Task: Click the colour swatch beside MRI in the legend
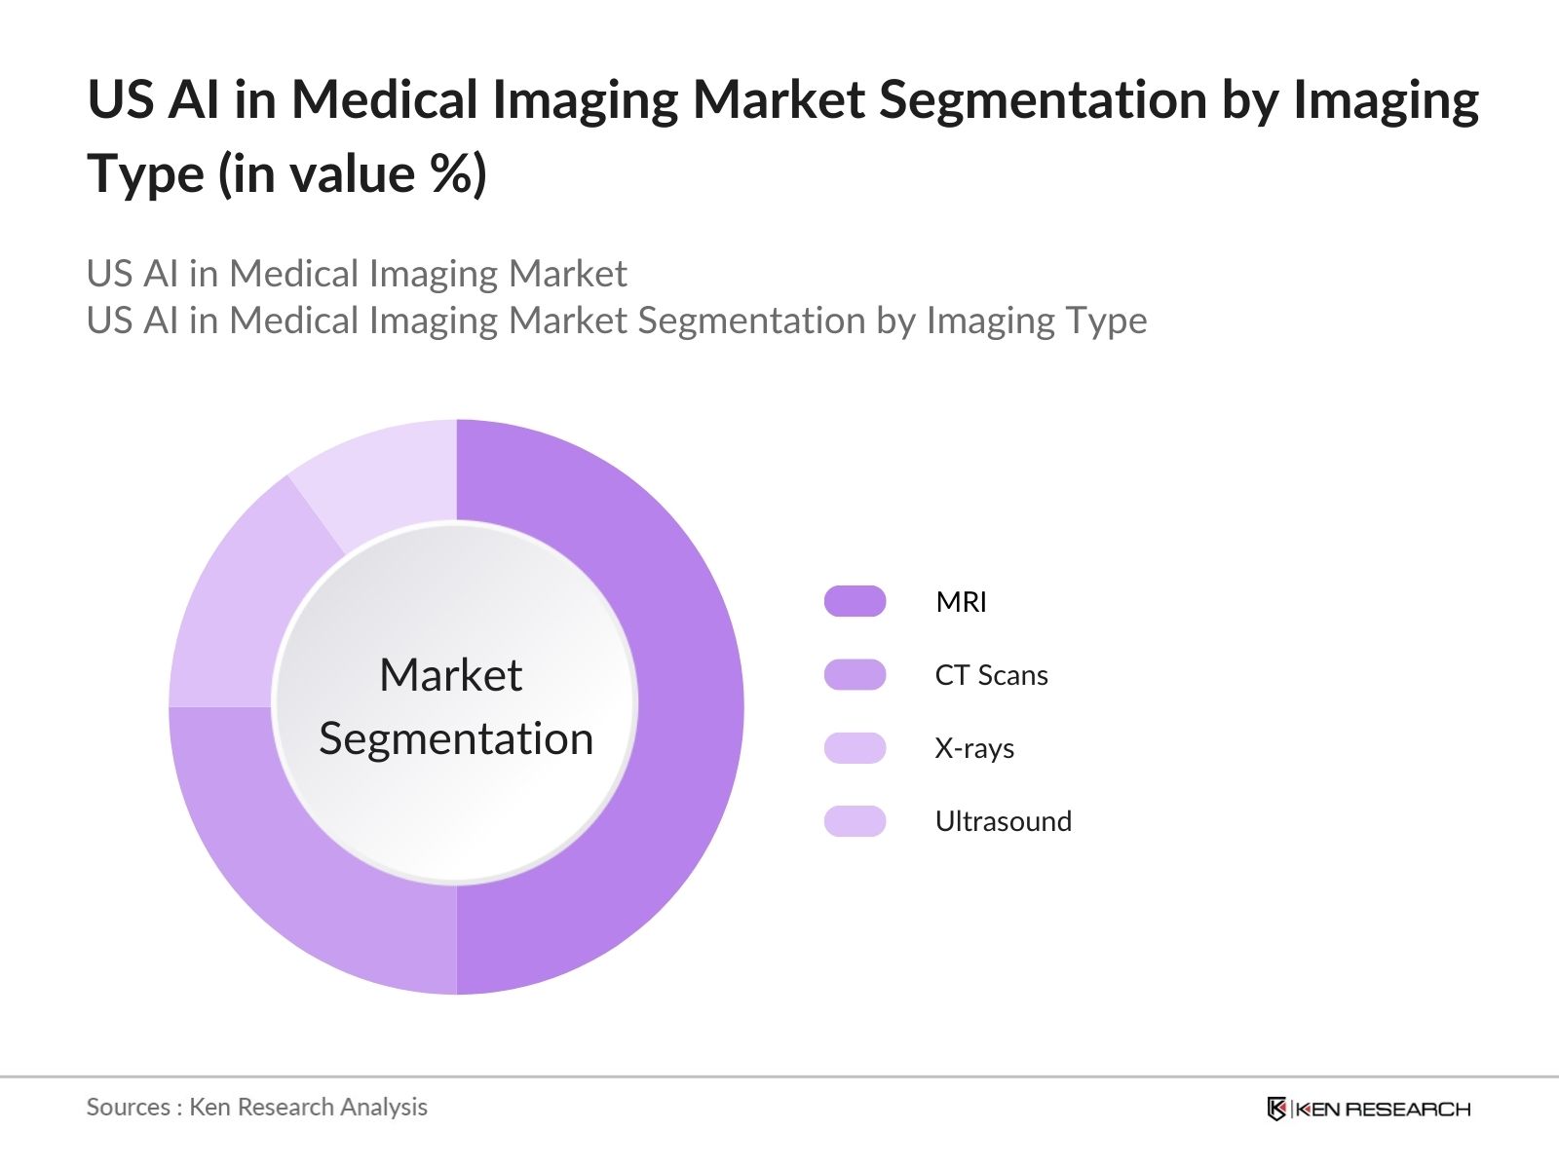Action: coord(855,601)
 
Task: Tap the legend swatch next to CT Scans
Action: coord(855,674)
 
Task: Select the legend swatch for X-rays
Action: coord(855,747)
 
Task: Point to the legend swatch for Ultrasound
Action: coord(855,820)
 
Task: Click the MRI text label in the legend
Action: coord(961,602)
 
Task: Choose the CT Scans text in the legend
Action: coord(991,675)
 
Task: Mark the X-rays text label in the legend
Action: coord(974,748)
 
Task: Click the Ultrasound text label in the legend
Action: coord(1003,821)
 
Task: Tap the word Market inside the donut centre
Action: coord(450,675)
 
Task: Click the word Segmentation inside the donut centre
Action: coord(456,738)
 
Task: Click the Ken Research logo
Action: coord(1368,1109)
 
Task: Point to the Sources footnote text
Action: coord(256,1107)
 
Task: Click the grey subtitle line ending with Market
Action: coord(357,274)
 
